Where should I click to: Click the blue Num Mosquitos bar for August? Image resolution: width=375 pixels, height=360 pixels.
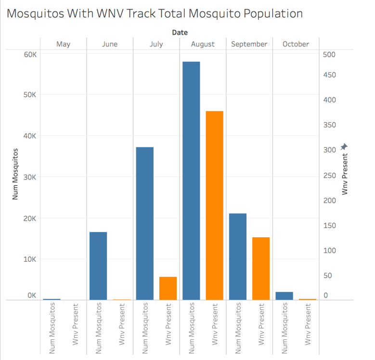pos(191,180)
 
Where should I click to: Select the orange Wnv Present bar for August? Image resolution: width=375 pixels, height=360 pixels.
pos(214,206)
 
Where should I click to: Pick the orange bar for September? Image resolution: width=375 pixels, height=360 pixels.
pos(261,269)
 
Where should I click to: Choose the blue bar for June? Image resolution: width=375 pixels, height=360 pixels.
pos(98,266)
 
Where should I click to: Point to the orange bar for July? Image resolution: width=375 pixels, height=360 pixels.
pos(168,288)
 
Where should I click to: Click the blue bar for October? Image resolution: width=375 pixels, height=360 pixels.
pos(284,296)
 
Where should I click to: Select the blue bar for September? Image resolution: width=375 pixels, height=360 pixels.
pos(238,257)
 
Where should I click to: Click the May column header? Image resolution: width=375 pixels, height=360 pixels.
pos(63,44)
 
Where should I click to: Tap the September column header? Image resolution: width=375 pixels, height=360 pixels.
pos(249,44)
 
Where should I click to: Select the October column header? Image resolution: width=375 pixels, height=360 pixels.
pos(296,44)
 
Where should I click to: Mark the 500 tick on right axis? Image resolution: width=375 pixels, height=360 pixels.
pos(330,54)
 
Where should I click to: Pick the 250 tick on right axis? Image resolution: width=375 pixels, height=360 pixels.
pos(330,175)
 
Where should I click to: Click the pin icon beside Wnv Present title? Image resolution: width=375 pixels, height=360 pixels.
pos(344,147)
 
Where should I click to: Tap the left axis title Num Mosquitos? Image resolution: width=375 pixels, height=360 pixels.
pos(15,174)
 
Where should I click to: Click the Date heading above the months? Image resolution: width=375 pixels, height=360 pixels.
pos(180,32)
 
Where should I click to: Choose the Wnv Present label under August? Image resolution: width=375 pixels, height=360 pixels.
pos(215,323)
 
